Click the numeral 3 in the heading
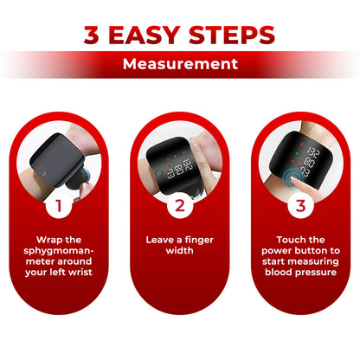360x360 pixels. click(93, 35)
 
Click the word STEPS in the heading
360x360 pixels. click(234, 35)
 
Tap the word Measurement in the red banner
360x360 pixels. click(180, 64)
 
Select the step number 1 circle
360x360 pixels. click(60, 205)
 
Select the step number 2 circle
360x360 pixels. click(180, 205)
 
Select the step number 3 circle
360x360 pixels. click(300, 205)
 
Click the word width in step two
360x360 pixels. click(180, 250)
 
